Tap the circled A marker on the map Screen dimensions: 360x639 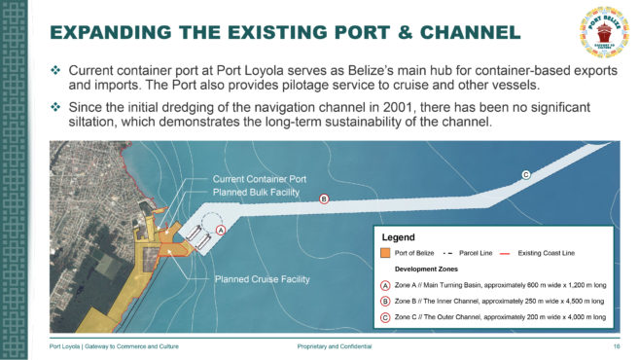(x=221, y=230)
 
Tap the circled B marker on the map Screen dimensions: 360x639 (x=324, y=199)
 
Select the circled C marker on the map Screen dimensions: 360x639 (x=525, y=175)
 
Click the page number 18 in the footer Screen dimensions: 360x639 (x=617, y=346)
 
